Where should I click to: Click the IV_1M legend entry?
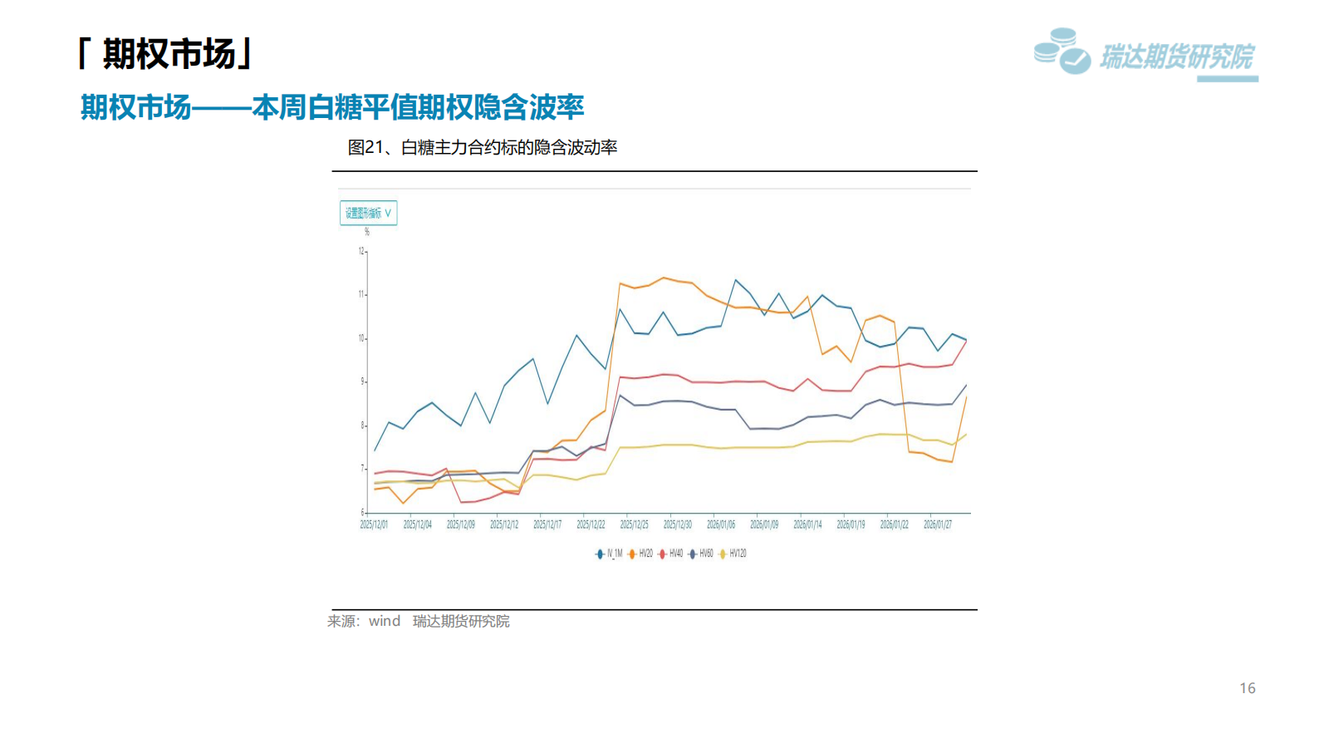coord(610,554)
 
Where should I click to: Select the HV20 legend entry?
coord(641,554)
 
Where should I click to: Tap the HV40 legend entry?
coord(672,554)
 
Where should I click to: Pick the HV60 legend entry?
coord(702,554)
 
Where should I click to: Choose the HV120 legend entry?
coord(733,554)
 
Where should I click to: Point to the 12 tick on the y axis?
coord(361,251)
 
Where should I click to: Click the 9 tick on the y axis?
coord(362,381)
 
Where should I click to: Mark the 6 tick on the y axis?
coord(362,512)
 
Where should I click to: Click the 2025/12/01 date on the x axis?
coord(374,524)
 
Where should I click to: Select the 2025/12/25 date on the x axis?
coord(634,524)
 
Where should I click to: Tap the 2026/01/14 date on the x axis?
coord(807,524)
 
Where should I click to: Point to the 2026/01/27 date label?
coord(938,524)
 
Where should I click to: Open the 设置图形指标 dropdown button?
coord(368,213)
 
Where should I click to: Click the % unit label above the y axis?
coord(366,232)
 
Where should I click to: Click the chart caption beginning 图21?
coord(482,148)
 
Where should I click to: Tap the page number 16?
coord(1247,688)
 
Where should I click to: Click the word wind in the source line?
coord(385,621)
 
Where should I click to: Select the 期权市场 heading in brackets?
coord(165,54)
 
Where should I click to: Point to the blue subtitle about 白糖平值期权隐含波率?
coord(332,107)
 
